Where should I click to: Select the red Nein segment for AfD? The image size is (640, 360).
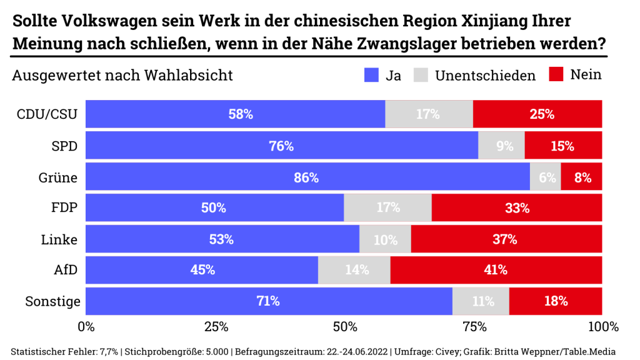[496, 270]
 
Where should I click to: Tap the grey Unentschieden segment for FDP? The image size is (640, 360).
[387, 208]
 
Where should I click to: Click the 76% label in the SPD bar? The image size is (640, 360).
[281, 146]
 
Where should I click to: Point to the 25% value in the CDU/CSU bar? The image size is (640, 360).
[542, 114]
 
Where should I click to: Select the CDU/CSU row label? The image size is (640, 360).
[47, 114]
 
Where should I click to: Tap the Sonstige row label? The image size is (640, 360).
[52, 301]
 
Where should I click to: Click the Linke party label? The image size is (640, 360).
[59, 239]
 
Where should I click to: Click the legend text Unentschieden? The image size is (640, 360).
[485, 76]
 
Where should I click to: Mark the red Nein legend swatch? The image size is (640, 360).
[556, 75]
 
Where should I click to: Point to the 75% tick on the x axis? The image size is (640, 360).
[474, 327]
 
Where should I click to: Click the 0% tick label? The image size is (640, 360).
[86, 327]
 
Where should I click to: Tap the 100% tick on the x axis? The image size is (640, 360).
[602, 327]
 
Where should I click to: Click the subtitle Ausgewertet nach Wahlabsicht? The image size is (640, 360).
[122, 76]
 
